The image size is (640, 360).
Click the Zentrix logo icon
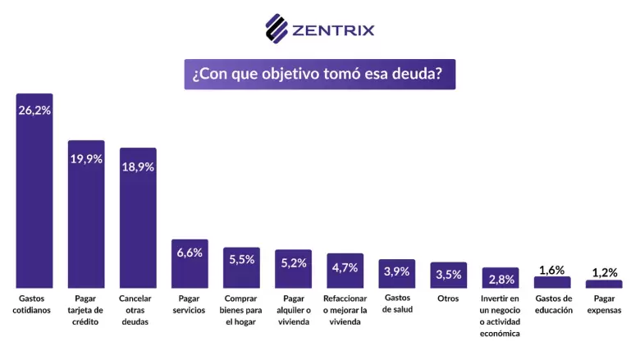pyautogui.click(x=277, y=29)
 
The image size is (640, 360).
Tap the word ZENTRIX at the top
pyautogui.click(x=333, y=30)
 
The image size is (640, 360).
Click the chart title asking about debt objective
pyautogui.click(x=319, y=74)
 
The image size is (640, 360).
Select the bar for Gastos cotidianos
pyautogui.click(x=34, y=197)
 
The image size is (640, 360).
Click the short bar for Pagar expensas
pyautogui.click(x=604, y=284)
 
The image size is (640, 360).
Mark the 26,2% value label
pyautogui.click(x=34, y=110)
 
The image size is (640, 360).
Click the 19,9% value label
pyautogui.click(x=86, y=159)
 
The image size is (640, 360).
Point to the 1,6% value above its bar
pyautogui.click(x=552, y=270)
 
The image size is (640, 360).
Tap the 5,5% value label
pyautogui.click(x=241, y=259)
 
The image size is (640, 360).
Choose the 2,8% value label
pyautogui.click(x=501, y=279)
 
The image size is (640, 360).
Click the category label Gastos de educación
pyautogui.click(x=552, y=304)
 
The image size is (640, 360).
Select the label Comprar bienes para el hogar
pyautogui.click(x=241, y=310)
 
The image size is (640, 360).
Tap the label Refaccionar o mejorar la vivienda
pyautogui.click(x=345, y=310)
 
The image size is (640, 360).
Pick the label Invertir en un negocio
pyautogui.click(x=501, y=316)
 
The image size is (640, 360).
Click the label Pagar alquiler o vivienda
pyautogui.click(x=293, y=310)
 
